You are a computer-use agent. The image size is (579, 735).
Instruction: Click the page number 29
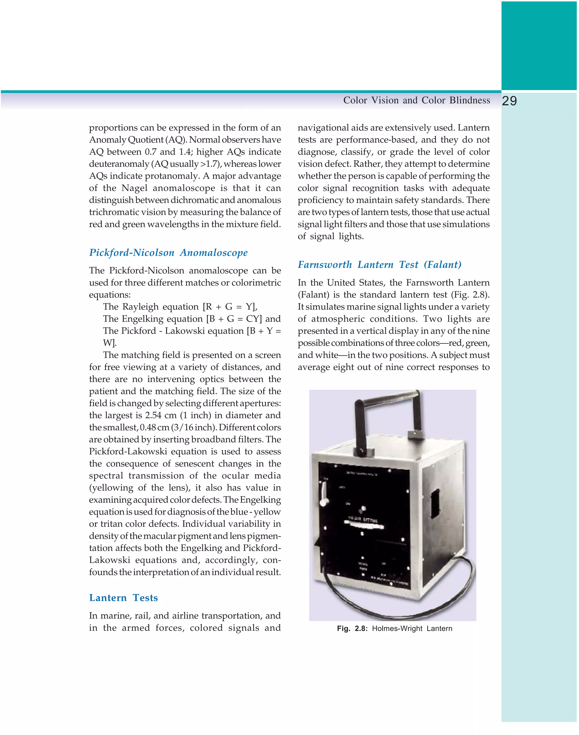(x=509, y=101)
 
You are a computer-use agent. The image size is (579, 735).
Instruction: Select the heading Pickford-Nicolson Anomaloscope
(x=168, y=252)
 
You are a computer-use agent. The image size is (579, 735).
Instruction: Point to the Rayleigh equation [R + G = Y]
(x=180, y=307)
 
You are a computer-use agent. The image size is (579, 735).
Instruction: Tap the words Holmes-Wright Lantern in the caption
(x=412, y=628)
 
